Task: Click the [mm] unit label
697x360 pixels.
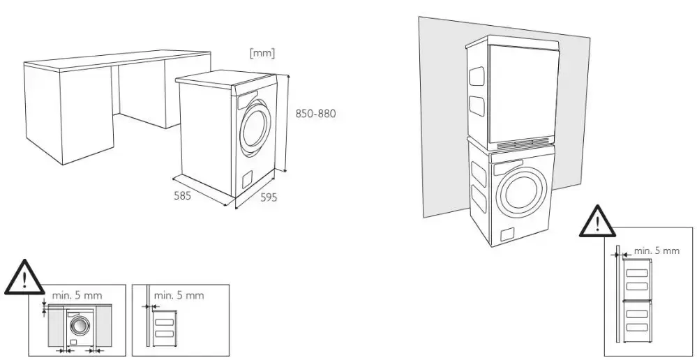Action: click(x=262, y=52)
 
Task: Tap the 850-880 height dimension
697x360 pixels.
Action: click(x=315, y=114)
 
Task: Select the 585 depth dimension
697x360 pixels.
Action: click(x=183, y=195)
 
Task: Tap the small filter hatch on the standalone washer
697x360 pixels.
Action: click(x=246, y=181)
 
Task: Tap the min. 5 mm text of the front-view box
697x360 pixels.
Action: click(x=77, y=295)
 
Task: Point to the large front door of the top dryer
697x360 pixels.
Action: click(x=525, y=91)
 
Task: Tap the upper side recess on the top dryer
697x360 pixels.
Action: click(x=476, y=74)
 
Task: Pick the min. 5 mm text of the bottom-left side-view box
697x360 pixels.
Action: click(x=179, y=295)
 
